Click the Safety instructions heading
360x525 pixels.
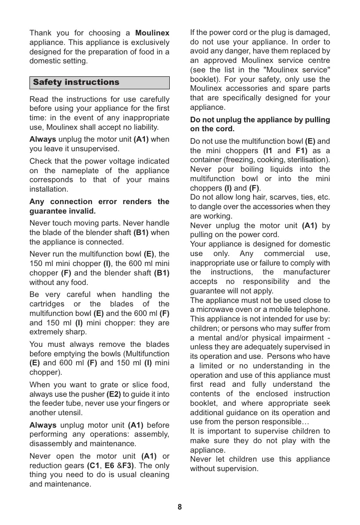tap(76, 82)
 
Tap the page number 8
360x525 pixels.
tap(180, 507)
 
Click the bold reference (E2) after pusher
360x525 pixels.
tap(113, 393)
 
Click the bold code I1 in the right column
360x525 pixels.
tap(268, 151)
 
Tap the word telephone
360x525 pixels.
tap(312, 309)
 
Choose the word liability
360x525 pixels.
tap(143, 127)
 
